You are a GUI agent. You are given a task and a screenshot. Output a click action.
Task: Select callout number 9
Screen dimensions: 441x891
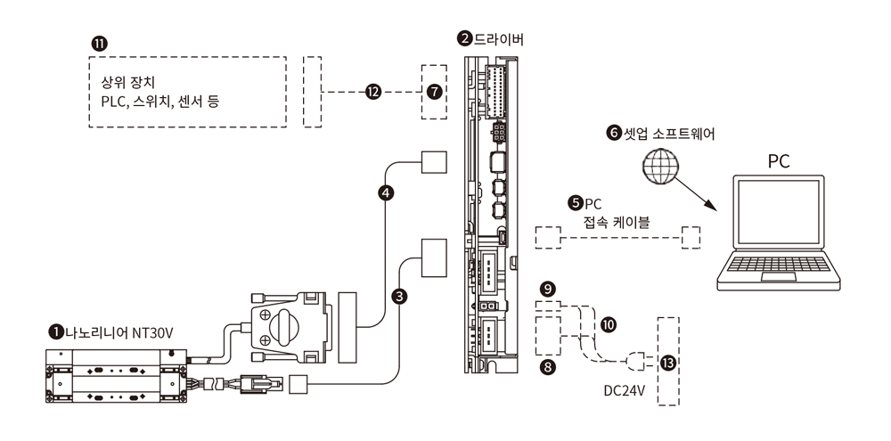pos(548,290)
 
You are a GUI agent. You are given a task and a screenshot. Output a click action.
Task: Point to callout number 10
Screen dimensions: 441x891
pos(608,325)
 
